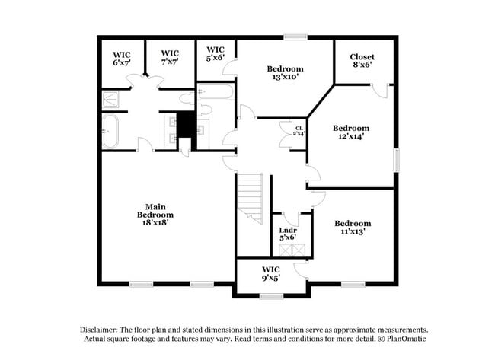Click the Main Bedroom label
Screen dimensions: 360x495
tap(155, 211)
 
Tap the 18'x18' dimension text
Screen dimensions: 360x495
tap(155, 223)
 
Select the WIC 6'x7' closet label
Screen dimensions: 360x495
tap(122, 58)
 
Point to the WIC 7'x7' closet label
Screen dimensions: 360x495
tap(170, 58)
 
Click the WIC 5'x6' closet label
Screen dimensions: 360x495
tap(216, 54)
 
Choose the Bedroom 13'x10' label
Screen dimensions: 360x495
tap(286, 72)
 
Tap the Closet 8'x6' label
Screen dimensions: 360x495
tap(362, 62)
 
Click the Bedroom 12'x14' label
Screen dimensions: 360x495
tap(350, 132)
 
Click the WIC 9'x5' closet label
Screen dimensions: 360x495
tap(271, 274)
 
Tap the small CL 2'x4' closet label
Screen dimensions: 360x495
tap(299, 131)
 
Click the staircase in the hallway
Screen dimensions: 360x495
tap(250, 198)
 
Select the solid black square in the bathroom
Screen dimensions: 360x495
tap(185, 125)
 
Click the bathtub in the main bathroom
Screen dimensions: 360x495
tap(110, 132)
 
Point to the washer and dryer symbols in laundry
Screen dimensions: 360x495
tap(292, 250)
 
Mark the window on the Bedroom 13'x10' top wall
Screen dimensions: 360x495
tap(295, 37)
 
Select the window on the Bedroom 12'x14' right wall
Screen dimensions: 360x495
tap(396, 160)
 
